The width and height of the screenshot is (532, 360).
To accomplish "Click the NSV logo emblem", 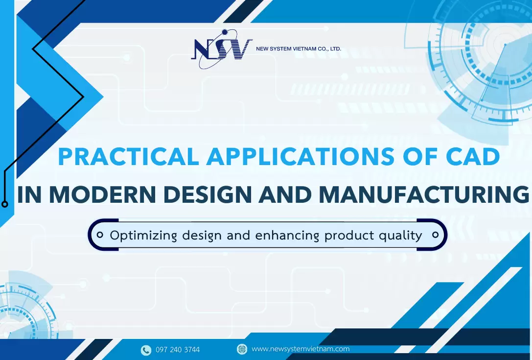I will (221, 50).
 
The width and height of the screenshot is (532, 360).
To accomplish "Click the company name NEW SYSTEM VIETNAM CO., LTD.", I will (299, 49).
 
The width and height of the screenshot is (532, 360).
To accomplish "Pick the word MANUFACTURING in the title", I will (424, 195).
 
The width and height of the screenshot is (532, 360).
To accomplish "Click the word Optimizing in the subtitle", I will (143, 236).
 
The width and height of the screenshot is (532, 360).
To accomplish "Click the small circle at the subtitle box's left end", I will (100, 235).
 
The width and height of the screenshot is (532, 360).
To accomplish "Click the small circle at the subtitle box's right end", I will (435, 235).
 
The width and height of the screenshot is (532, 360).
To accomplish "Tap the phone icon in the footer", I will (146, 350).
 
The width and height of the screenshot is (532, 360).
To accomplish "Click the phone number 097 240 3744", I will (178, 350).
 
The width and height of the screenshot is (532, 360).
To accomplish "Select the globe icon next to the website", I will (242, 349).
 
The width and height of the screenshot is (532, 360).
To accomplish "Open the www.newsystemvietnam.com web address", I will (301, 349).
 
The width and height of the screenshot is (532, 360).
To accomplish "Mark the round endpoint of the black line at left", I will (5, 204).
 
